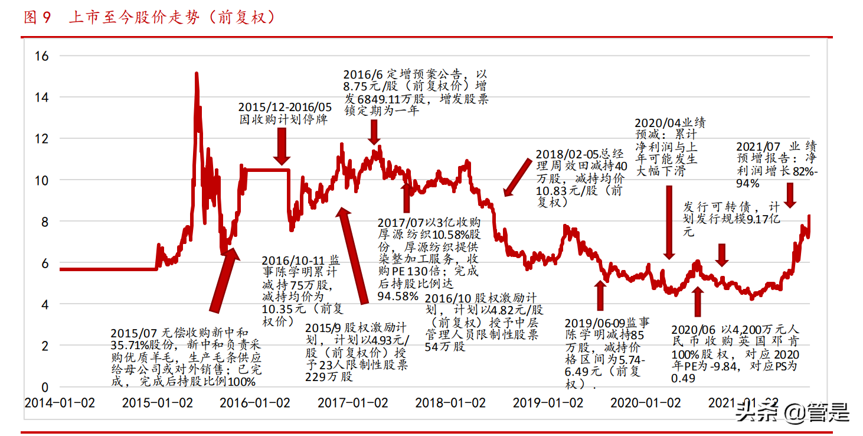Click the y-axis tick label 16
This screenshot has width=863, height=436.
pos(42,56)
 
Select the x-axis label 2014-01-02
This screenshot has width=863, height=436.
pos(59,403)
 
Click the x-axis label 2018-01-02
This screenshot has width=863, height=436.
pos(450,403)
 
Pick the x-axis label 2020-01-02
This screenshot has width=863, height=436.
pos(645,403)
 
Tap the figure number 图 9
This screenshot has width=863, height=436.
pos(38,18)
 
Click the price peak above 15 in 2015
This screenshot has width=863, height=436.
pos(196,74)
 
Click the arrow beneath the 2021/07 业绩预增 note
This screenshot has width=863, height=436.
pos(790,195)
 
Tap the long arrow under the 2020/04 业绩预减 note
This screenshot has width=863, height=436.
pos(669,222)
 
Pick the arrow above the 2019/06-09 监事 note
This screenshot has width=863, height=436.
pos(600,295)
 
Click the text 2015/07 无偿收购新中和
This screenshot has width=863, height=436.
pos(179,333)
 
